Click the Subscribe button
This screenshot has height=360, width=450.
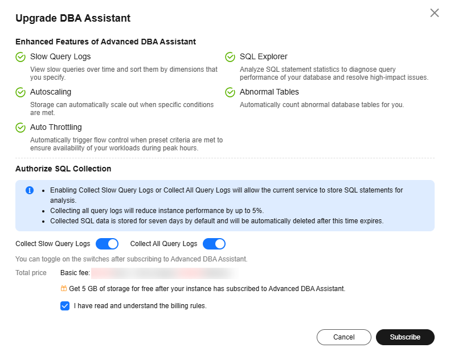pyautogui.click(x=405, y=337)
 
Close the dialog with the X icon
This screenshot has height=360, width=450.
pyautogui.click(x=435, y=13)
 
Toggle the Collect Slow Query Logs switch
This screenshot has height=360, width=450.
pyautogui.click(x=107, y=244)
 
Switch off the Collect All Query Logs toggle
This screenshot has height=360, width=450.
pyautogui.click(x=214, y=244)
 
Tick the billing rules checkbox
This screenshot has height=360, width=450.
pyautogui.click(x=65, y=306)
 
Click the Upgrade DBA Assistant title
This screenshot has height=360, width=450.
pyautogui.click(x=73, y=18)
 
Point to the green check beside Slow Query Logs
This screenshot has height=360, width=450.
pyautogui.click(x=21, y=57)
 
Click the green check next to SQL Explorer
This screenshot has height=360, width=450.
pyautogui.click(x=230, y=57)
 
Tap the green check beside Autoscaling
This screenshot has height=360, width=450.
pyautogui.click(x=21, y=92)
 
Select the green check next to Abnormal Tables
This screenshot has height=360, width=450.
pyautogui.click(x=230, y=92)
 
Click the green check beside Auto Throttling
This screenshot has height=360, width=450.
pyautogui.click(x=21, y=128)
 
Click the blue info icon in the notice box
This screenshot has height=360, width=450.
pyautogui.click(x=30, y=190)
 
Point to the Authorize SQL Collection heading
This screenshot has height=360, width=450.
pyautogui.click(x=63, y=169)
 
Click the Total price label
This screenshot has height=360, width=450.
pyautogui.click(x=31, y=273)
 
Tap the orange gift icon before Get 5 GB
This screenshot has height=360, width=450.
pyautogui.click(x=64, y=289)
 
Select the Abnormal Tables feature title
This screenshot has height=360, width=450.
pyautogui.click(x=269, y=92)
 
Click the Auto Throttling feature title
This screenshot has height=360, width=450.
pyautogui.click(x=56, y=127)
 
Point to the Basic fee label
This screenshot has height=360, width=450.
pyautogui.click(x=75, y=273)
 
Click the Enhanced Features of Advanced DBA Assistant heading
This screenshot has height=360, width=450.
pyautogui.click(x=105, y=42)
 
